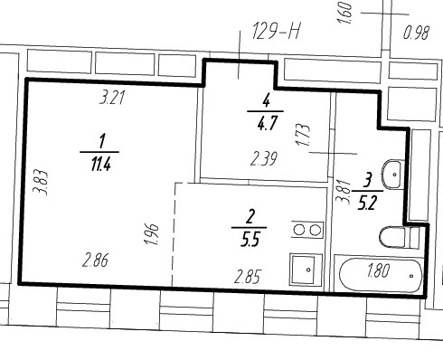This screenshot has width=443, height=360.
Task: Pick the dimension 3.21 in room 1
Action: (x=112, y=99)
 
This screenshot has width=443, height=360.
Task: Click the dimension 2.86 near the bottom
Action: (x=96, y=261)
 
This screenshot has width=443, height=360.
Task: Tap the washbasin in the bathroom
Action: (x=395, y=173)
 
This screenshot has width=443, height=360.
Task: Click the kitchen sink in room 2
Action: (x=302, y=268)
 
